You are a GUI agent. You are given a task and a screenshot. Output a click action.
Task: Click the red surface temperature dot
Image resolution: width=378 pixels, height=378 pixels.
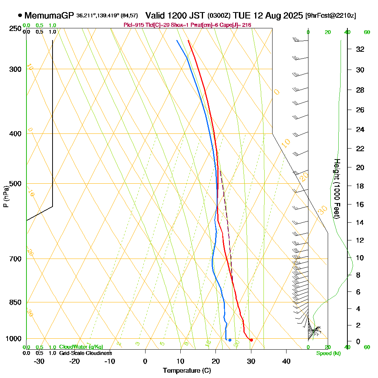pyautogui.click(x=251, y=340)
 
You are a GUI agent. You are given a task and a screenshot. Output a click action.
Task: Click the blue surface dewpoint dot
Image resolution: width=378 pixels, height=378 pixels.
pyautogui.click(x=230, y=340)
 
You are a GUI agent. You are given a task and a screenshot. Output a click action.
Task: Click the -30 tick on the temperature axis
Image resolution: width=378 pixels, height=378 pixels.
pyautogui.click(x=39, y=361)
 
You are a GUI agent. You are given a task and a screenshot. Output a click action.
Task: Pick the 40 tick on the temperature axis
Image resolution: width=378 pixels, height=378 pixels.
pyautogui.click(x=287, y=361)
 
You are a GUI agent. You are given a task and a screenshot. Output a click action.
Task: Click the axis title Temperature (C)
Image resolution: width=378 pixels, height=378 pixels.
pyautogui.click(x=187, y=370)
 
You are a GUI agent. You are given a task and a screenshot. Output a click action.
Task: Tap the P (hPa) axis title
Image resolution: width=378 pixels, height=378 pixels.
pyautogui.click(x=6, y=196)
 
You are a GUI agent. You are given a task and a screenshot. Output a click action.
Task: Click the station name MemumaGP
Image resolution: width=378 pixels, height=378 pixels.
pyautogui.click(x=49, y=16)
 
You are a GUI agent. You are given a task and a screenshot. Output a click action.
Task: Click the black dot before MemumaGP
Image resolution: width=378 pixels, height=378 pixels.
pyautogui.click(x=20, y=16)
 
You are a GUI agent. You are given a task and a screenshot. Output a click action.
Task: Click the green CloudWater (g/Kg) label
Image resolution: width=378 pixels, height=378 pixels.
pyautogui.click(x=81, y=347)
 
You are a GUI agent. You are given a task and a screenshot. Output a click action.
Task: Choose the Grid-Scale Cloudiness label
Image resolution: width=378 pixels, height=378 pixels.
pyautogui.click(x=85, y=353)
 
